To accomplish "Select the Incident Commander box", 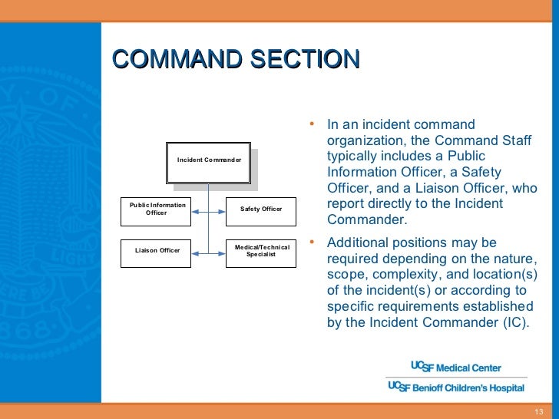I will point(209,160).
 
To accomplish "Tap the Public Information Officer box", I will point(157,209).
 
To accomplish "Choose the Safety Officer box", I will point(261,209).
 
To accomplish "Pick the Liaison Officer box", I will point(157,251).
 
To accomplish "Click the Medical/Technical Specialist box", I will point(261,251).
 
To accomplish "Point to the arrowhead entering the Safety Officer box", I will point(222,209).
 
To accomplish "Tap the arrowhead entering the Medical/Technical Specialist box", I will point(222,251).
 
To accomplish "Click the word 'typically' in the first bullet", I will point(350,157).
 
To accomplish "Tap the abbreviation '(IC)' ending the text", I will point(515,322).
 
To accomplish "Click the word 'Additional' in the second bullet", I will point(356,243).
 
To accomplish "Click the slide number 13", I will point(538,411).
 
